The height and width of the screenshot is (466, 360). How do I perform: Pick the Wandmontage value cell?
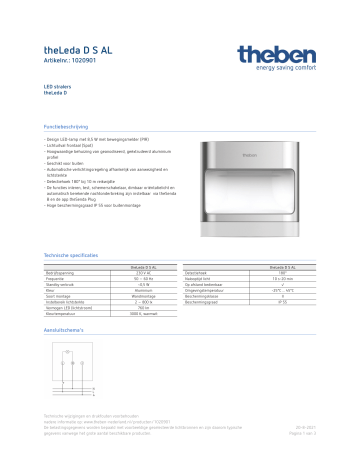pyautogui.click(x=140, y=297)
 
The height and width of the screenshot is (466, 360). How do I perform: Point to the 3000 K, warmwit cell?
pyautogui.click(x=140, y=315)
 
